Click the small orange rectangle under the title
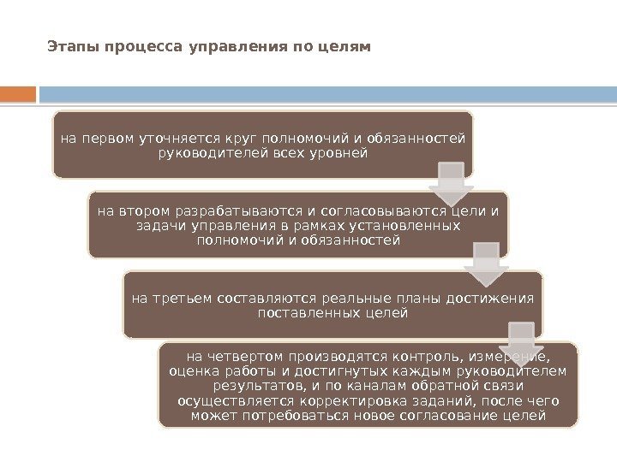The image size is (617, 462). [18, 93]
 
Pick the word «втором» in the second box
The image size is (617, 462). [145, 210]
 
